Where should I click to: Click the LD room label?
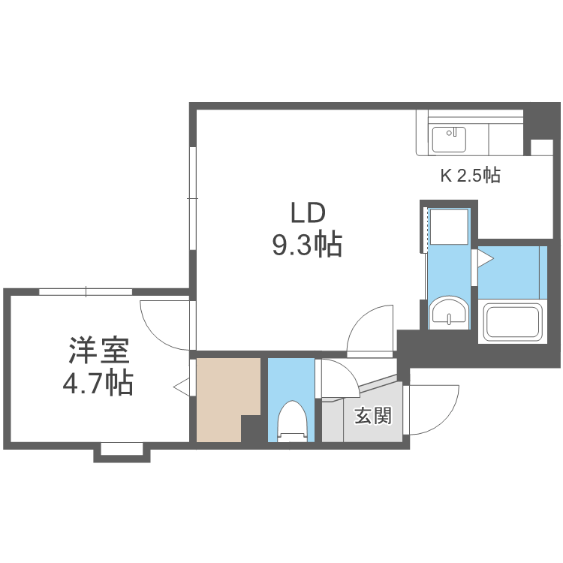pyautogui.click(x=308, y=214)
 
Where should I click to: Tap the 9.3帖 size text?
pyautogui.click(x=307, y=245)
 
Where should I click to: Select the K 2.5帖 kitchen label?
pyautogui.click(x=470, y=176)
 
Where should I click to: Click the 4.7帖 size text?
pyautogui.click(x=98, y=384)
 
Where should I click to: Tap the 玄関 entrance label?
pyautogui.click(x=373, y=415)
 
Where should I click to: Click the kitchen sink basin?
pyautogui.click(x=448, y=139)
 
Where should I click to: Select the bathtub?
pyautogui.click(x=515, y=322)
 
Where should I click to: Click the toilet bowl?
pyautogui.click(x=292, y=420)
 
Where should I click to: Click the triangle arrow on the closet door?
pyautogui.click(x=181, y=387)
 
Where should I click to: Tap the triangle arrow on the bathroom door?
pyautogui.click(x=484, y=260)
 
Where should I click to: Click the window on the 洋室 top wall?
pyautogui.click(x=86, y=291)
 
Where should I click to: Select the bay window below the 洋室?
pyautogui.click(x=122, y=450)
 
